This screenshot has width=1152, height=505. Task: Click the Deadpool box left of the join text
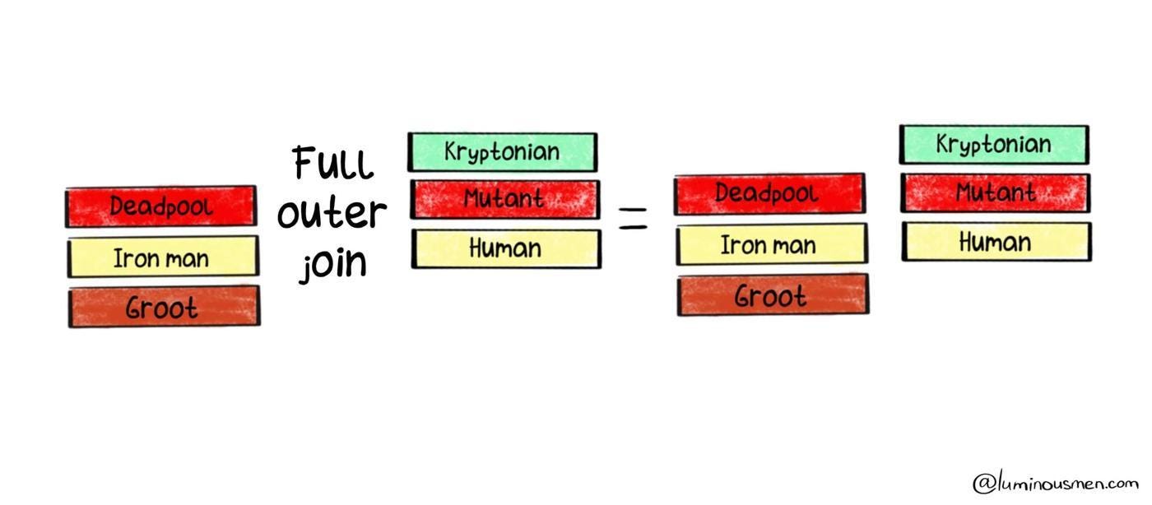161,206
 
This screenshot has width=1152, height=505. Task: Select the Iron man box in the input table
162,257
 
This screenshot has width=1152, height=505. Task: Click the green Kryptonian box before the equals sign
502,152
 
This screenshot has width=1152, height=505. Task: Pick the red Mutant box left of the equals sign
504,199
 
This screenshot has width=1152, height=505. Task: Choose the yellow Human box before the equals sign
506,248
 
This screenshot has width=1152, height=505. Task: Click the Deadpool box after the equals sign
769,194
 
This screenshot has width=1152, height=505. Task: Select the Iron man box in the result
771,244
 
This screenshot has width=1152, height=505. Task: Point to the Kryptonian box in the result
994,145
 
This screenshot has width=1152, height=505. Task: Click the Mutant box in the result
995,193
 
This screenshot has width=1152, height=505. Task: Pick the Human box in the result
996,242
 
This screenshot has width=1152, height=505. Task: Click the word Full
332,164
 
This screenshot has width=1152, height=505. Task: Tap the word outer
332,214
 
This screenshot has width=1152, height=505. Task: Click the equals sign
633,218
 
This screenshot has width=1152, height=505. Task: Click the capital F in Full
305,163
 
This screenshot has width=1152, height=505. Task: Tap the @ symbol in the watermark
983,484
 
